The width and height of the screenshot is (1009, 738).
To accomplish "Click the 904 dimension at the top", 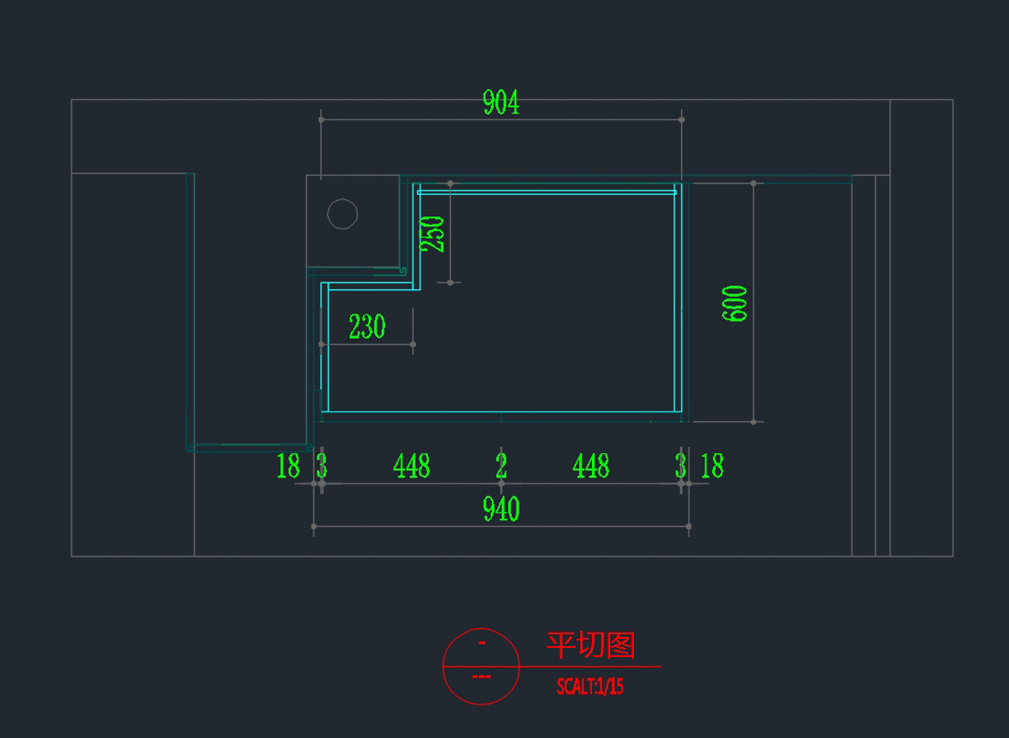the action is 501,103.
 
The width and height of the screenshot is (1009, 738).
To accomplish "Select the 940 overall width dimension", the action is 501,509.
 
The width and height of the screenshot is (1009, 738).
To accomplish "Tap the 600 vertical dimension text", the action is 735,303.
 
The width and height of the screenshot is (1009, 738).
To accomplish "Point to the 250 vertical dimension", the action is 432,234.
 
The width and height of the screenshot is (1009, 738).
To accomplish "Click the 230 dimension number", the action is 367,326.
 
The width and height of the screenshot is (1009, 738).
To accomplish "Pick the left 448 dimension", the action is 411,466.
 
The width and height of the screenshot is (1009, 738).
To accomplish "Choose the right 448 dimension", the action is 590,466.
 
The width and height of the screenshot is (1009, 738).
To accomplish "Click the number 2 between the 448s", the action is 501,466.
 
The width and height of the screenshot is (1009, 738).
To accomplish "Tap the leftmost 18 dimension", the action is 288,466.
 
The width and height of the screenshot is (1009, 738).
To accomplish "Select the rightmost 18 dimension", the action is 711,466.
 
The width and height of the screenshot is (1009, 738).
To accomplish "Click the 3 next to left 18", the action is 321,466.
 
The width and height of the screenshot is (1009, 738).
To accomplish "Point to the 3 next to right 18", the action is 680,466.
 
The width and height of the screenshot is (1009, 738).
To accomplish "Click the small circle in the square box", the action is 342,213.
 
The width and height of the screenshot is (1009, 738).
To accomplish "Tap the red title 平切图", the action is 590,646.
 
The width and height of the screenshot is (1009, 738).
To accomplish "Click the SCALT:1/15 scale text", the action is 590,687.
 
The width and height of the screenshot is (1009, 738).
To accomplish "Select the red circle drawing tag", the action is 481,666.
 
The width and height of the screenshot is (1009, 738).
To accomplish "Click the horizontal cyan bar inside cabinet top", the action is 547,192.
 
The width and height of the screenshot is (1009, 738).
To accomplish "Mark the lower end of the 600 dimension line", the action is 753,421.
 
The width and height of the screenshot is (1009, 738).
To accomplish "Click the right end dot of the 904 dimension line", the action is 681,119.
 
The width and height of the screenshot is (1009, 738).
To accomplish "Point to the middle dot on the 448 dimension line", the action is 501,483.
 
